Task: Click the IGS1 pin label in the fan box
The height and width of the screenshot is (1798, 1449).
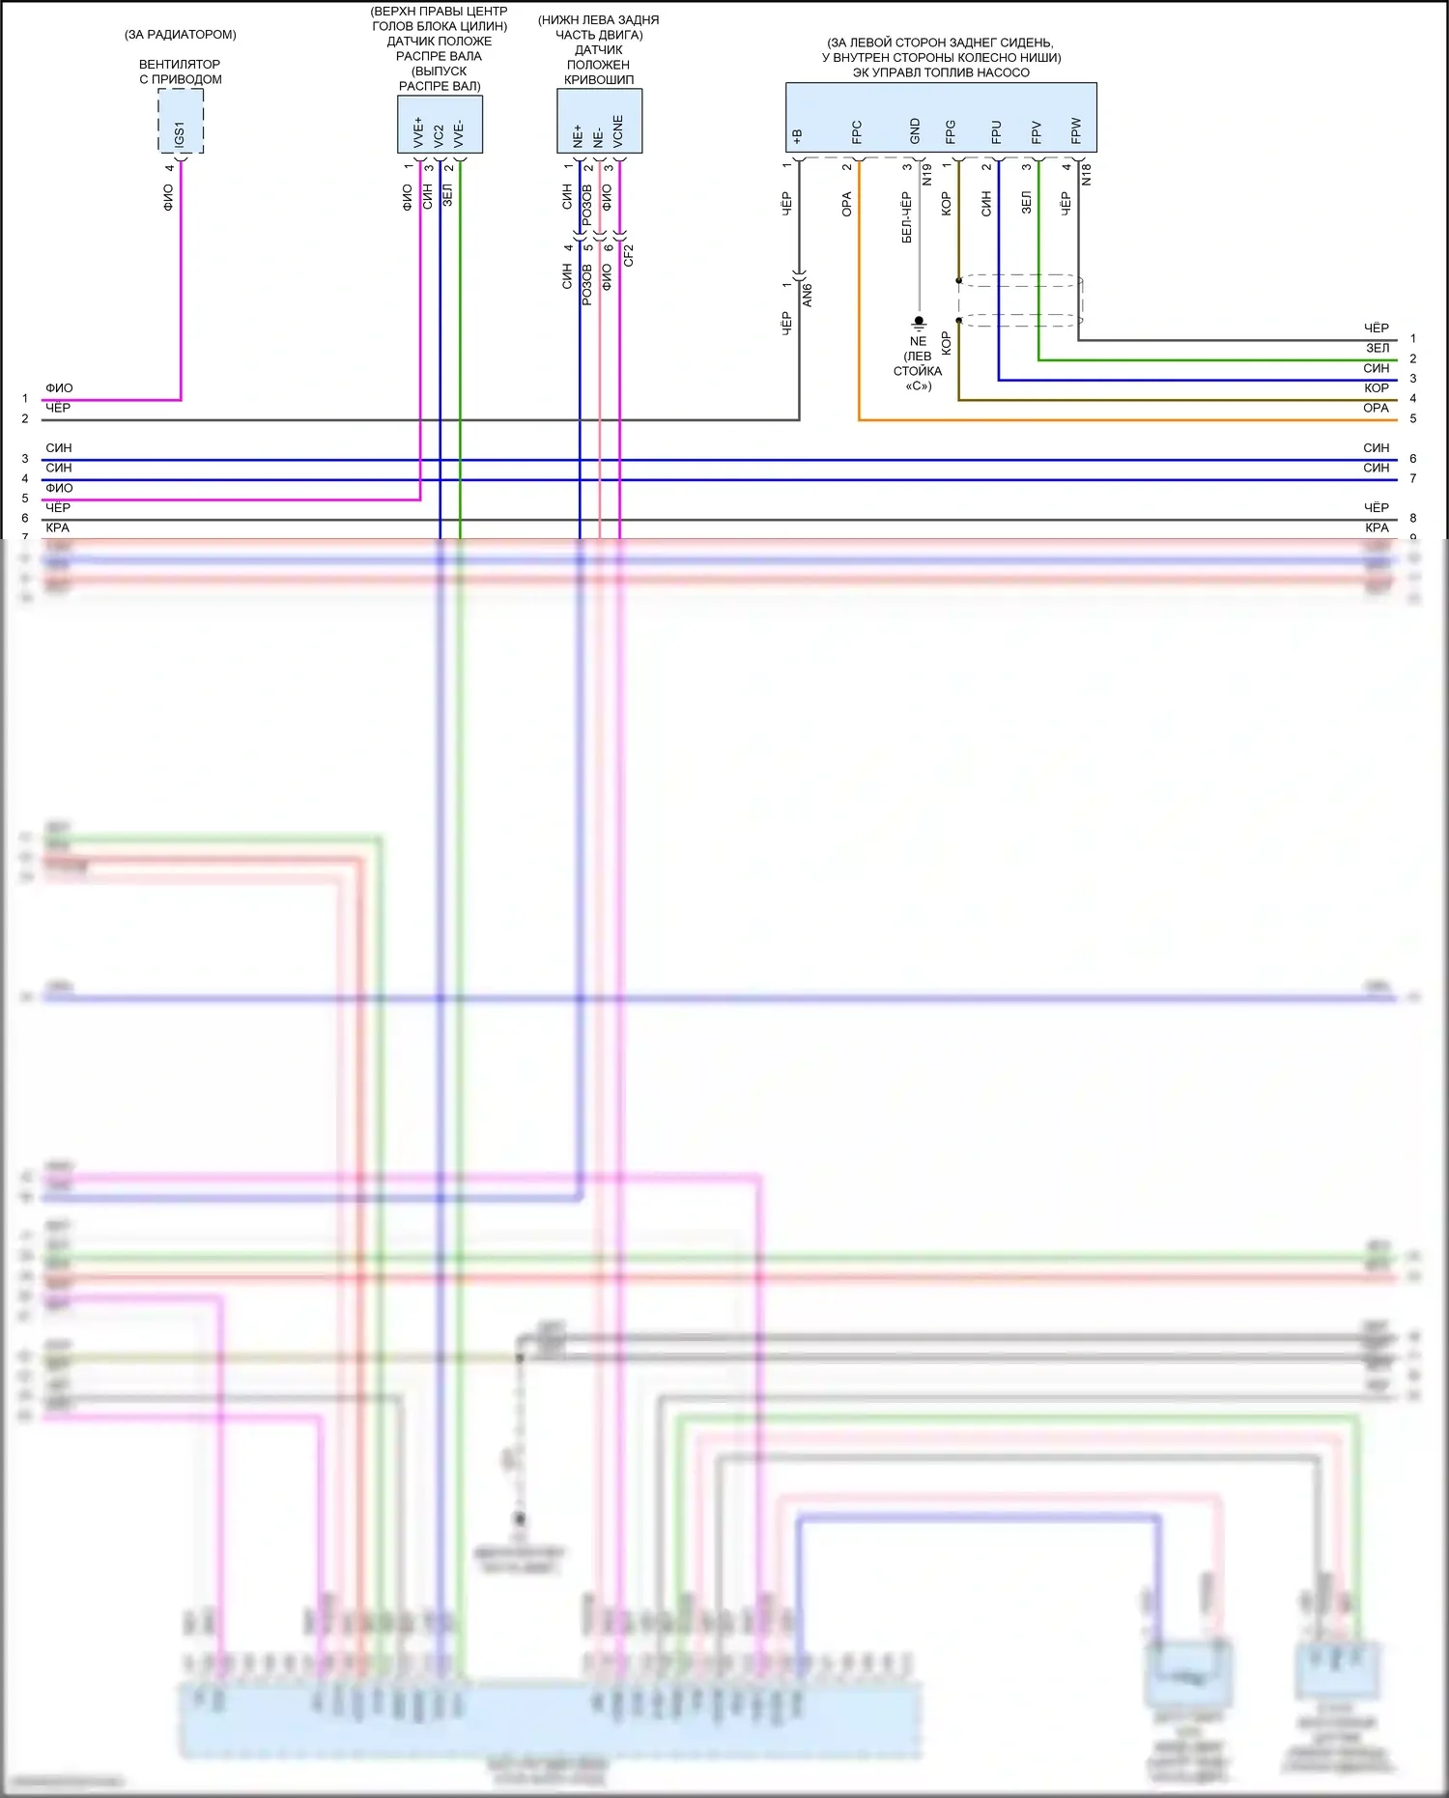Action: click(180, 134)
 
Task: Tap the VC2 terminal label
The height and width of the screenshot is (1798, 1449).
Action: click(439, 135)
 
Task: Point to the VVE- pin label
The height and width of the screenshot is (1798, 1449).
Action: click(459, 133)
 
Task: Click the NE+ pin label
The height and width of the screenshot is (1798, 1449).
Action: click(578, 135)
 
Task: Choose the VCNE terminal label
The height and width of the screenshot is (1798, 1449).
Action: click(618, 131)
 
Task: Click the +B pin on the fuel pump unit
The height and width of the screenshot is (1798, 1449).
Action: click(798, 136)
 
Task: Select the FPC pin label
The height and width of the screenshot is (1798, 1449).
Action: click(857, 132)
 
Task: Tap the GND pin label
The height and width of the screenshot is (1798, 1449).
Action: click(915, 131)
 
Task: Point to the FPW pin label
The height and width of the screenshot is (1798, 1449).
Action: click(1076, 131)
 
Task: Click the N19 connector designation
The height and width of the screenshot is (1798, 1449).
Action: click(926, 175)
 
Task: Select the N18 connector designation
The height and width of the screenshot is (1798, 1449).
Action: click(1087, 174)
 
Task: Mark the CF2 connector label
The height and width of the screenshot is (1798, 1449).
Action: click(629, 255)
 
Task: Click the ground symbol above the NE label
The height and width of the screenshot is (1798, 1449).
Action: click(919, 322)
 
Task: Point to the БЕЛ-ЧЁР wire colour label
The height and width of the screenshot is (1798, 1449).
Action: click(906, 217)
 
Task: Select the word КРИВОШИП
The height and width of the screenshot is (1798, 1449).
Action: click(599, 79)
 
